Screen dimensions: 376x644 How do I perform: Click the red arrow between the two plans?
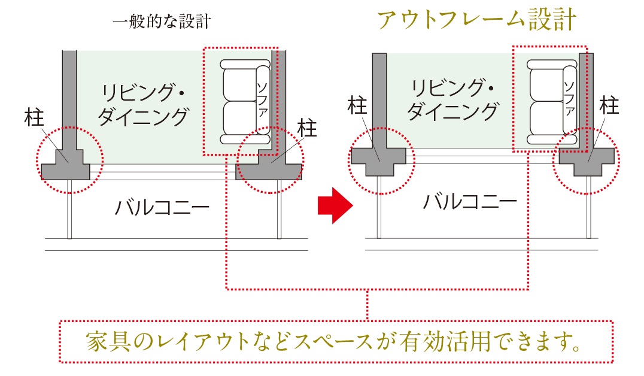point(336,206)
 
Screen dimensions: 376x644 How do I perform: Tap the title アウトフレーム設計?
point(476,20)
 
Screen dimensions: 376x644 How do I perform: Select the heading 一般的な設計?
point(162,22)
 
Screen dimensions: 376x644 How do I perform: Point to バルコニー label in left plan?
point(162,208)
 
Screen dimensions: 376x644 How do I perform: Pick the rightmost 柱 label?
point(609,106)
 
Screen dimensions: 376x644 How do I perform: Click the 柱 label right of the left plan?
point(308,128)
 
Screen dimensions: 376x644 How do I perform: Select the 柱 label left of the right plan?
point(357,106)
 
